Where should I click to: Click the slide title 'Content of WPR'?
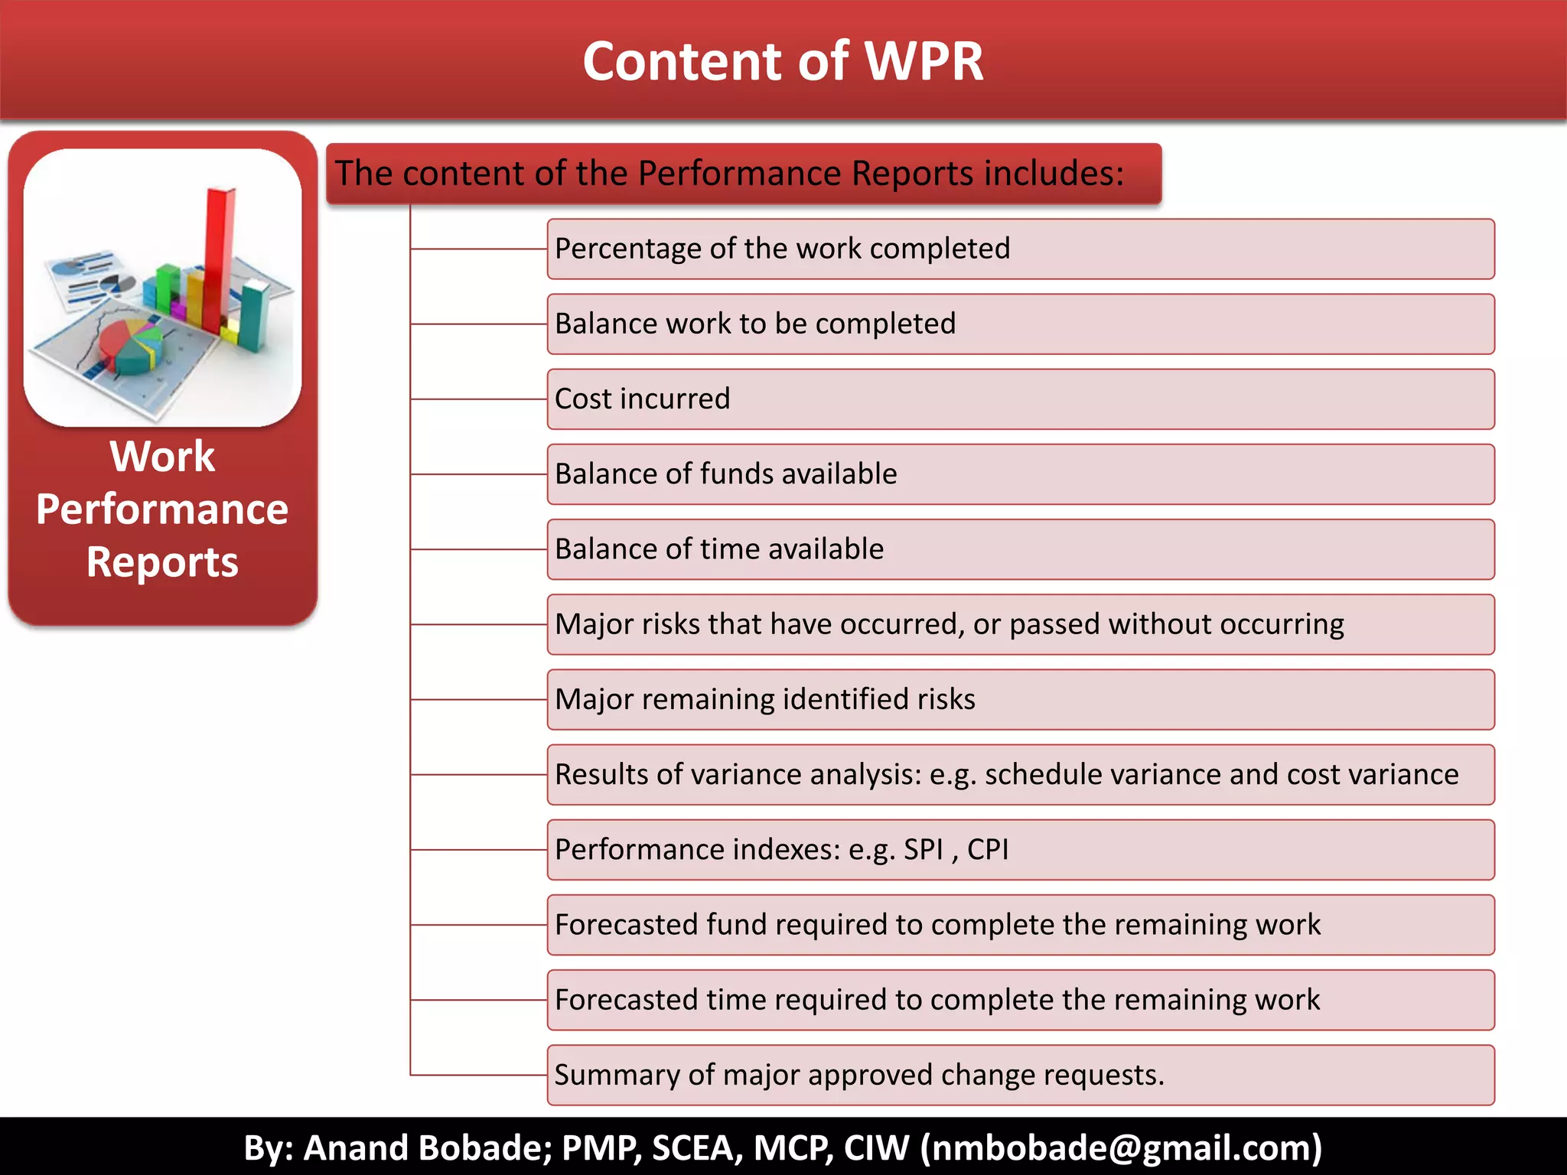coord(783,61)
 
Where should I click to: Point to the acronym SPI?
coord(923,850)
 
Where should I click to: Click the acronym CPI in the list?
coord(987,850)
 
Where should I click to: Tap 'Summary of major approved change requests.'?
coord(858,1076)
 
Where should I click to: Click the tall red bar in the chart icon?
coord(220,252)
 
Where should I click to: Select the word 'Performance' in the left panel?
coord(162,509)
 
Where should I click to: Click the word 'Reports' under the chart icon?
coord(162,562)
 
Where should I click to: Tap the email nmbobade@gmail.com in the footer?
coord(1120,1147)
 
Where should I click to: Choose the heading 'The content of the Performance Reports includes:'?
coord(729,174)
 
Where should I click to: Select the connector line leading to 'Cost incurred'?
coord(479,399)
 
